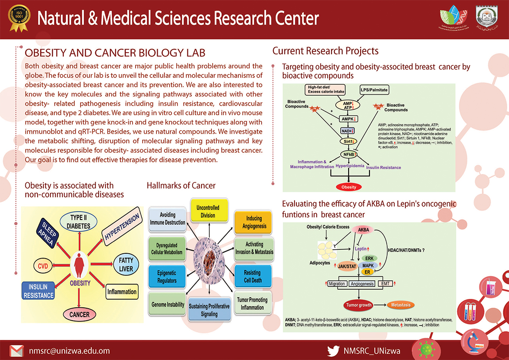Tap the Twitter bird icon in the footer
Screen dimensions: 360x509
(x=333, y=351)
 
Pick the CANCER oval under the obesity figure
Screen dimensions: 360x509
(x=79, y=315)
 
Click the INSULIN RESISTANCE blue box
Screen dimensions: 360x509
(x=38, y=291)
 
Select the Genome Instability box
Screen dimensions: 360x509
(x=167, y=305)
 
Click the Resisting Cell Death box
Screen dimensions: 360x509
(x=252, y=276)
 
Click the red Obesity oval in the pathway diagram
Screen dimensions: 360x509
(x=349, y=187)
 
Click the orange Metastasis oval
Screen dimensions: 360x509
(x=400, y=305)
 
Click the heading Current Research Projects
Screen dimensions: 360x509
(x=325, y=51)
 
